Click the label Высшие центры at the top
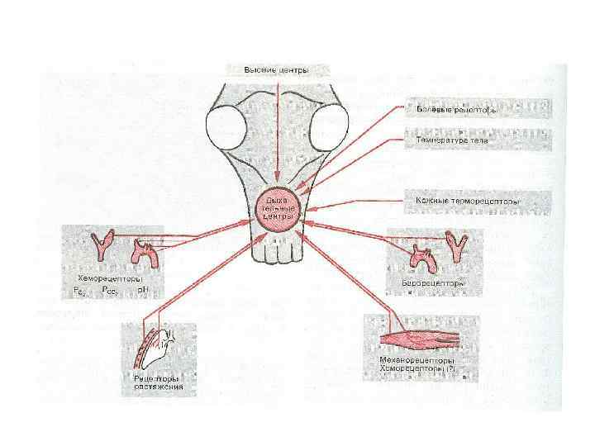coord(276,70)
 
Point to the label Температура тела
coord(451,140)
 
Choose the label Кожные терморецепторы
coord(464,201)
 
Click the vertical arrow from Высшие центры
coord(276,132)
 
